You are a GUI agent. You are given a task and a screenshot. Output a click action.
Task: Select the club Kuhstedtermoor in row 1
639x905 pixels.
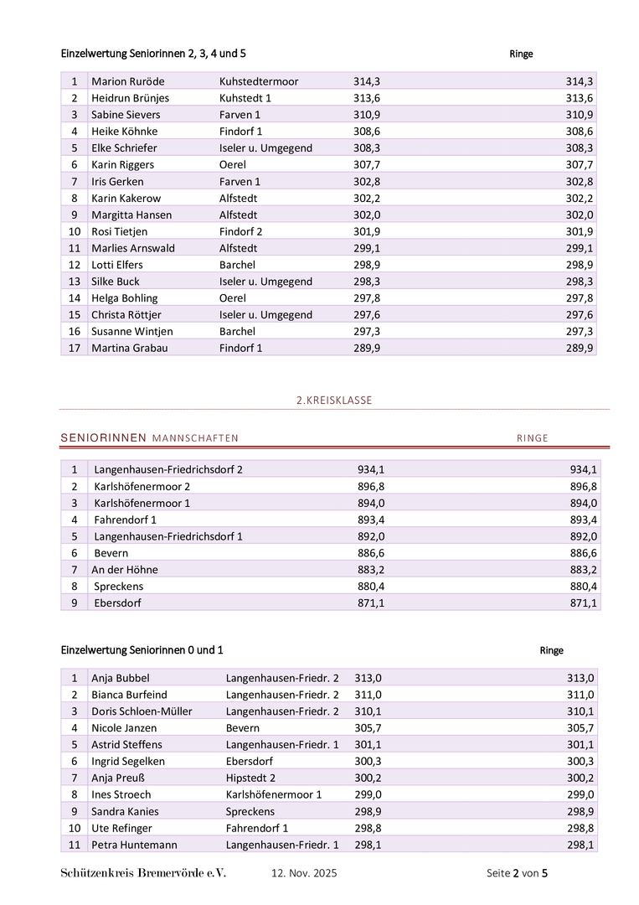click(259, 81)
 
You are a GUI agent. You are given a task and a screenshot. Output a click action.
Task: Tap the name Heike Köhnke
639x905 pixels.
click(124, 132)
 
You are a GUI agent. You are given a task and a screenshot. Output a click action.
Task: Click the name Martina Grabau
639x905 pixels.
click(130, 348)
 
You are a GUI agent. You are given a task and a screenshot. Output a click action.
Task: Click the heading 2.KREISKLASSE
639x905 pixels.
click(334, 401)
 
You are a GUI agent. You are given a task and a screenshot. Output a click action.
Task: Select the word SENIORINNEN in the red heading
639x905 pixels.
click(104, 438)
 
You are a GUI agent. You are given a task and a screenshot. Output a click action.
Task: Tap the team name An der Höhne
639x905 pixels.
click(125, 570)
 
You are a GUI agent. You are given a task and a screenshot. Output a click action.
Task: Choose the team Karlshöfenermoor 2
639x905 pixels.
click(142, 486)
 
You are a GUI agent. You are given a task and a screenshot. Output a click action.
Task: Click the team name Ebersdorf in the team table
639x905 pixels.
click(119, 603)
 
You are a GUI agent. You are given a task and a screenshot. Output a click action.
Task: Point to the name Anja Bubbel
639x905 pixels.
click(121, 678)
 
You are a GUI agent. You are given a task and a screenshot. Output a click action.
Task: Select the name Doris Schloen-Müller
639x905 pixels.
click(142, 711)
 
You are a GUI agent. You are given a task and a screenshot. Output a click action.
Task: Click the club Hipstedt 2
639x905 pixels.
click(250, 778)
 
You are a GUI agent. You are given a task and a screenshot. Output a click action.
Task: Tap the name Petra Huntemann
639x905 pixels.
click(134, 845)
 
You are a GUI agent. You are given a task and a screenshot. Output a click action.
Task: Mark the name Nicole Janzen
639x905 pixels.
click(124, 728)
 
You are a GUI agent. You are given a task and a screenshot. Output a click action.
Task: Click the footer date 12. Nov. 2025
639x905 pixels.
click(304, 873)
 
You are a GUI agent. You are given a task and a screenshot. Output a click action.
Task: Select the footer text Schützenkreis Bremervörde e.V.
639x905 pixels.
click(143, 873)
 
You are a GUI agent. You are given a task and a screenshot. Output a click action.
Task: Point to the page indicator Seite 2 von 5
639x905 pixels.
click(517, 873)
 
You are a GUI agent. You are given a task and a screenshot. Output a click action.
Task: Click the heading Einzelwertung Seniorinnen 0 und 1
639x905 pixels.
click(142, 650)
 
